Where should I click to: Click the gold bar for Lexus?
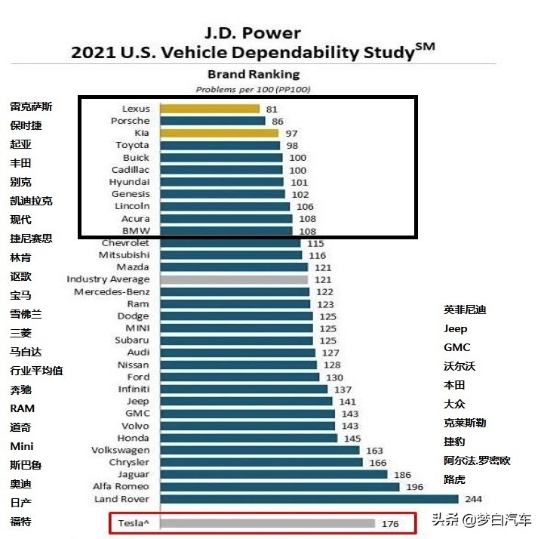tap(209, 109)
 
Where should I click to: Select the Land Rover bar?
tap(309, 499)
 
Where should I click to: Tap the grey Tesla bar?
tap(267, 523)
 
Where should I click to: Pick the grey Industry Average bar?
tap(234, 279)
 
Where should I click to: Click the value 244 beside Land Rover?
tap(475, 499)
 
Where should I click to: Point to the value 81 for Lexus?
tap(272, 109)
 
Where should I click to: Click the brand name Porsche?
tap(131, 121)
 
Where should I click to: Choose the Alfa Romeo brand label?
tap(121, 487)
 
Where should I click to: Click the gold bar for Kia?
tap(219, 133)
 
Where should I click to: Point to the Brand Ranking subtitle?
tap(254, 74)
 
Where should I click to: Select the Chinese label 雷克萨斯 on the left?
tap(31, 106)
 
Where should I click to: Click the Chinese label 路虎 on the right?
tap(456, 479)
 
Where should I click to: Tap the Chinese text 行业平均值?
tap(36, 371)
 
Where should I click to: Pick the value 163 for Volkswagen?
tap(375, 451)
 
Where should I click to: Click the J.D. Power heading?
tap(253, 32)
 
